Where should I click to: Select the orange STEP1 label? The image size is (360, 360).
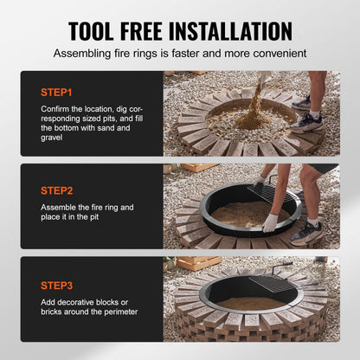tap(56, 90)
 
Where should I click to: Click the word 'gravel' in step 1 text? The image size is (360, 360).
tap(55, 138)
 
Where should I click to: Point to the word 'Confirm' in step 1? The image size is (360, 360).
tap(55, 106)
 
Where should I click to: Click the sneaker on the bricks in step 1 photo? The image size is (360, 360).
tap(307, 122)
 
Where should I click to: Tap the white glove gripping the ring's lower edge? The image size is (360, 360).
tap(270, 222)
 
